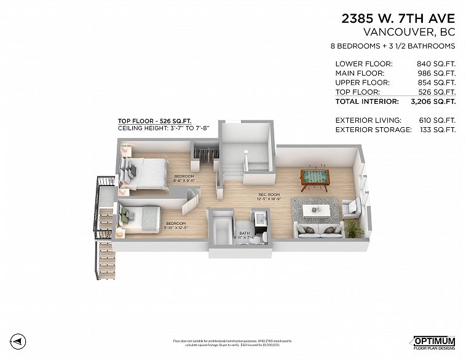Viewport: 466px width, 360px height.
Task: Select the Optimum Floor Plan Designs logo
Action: (x=433, y=343)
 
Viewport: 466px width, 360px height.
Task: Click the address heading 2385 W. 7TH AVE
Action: (x=398, y=18)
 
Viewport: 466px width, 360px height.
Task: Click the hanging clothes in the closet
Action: (x=206, y=155)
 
